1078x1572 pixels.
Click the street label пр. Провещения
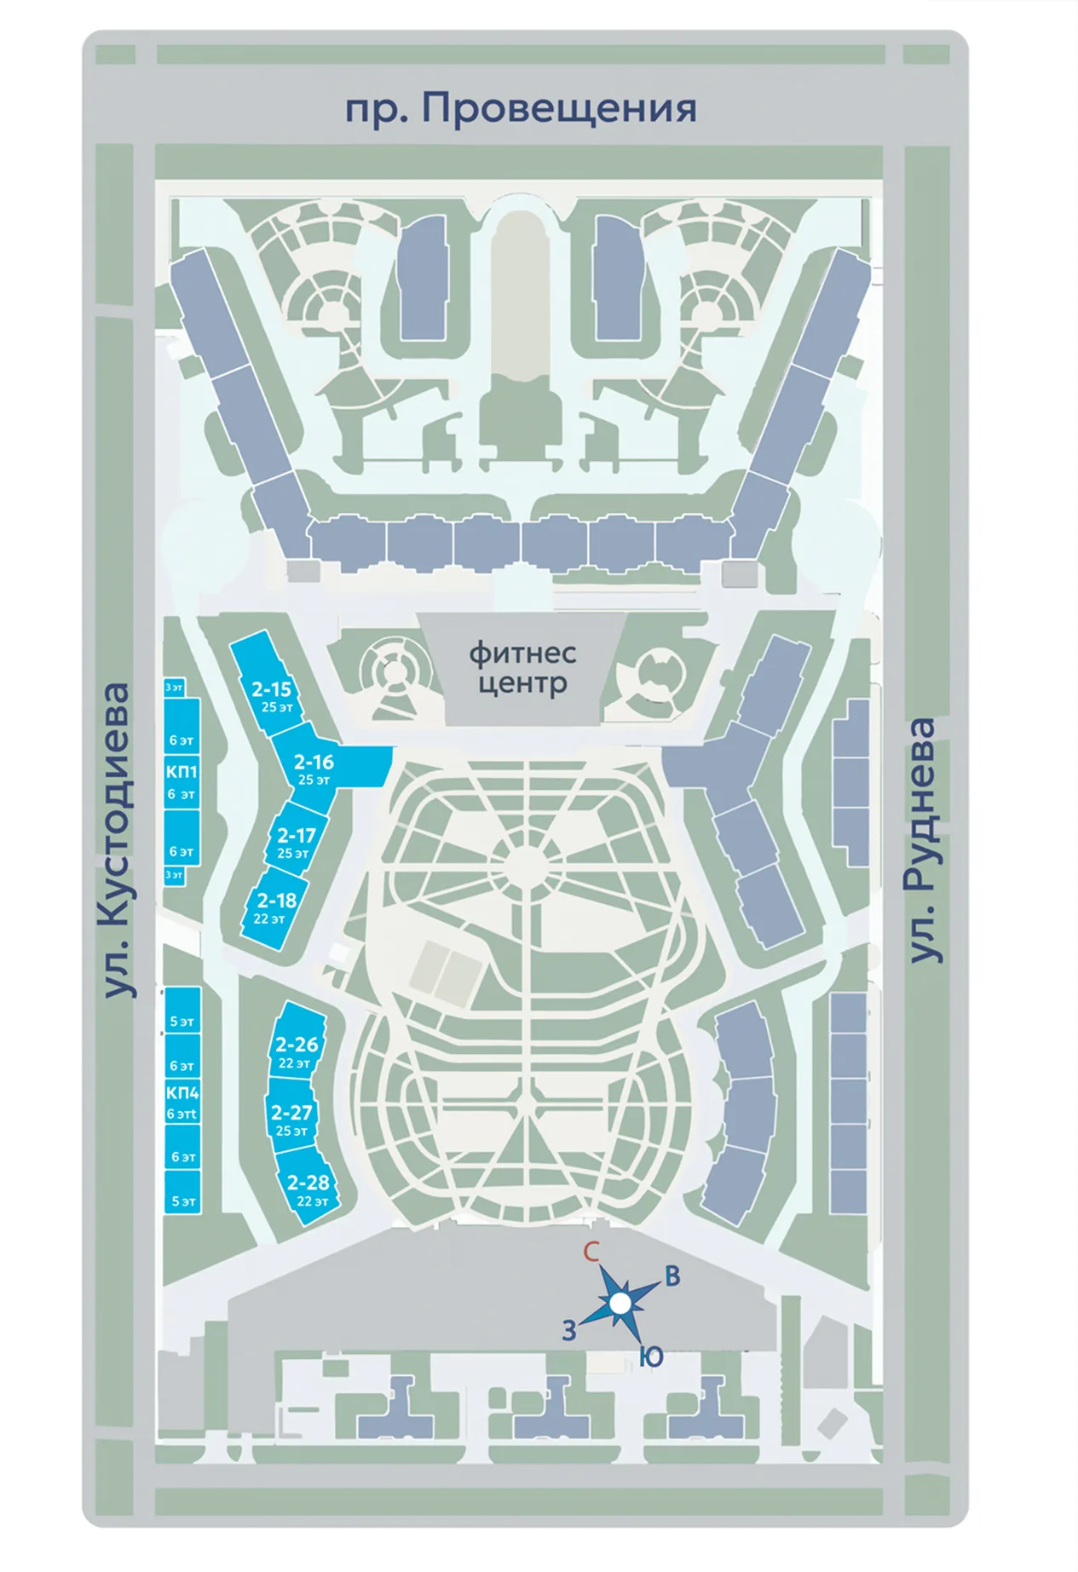coord(521,109)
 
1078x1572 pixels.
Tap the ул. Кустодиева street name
coord(114,840)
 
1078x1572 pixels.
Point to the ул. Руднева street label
coord(921,840)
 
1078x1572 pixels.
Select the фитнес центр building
coord(522,669)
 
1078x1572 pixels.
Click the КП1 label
coord(182,772)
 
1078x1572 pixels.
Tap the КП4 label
coord(182,1092)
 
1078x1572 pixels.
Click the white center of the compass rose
coord(620,1303)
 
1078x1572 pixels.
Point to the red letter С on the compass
coord(591,1252)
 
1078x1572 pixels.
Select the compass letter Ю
coord(651,1357)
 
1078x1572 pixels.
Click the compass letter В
coord(672,1276)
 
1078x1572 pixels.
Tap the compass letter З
coord(569,1330)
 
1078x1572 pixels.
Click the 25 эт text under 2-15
coord(277,707)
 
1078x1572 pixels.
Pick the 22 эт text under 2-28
coord(312,1201)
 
